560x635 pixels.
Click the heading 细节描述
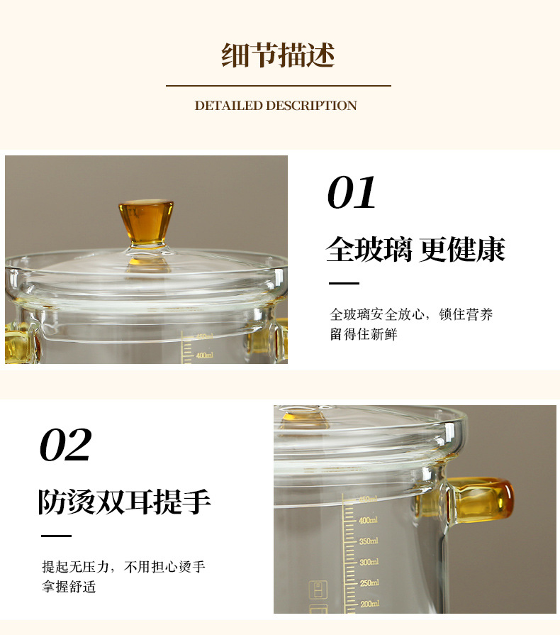coord(278,55)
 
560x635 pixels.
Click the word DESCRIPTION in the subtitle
coord(311,106)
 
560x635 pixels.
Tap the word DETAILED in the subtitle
coord(229,106)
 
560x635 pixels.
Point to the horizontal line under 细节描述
coord(279,86)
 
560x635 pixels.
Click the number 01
coord(351,193)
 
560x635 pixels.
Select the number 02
coord(65,445)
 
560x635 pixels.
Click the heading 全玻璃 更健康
coord(415,250)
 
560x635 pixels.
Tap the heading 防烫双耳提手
coord(125,502)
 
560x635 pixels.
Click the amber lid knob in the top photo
coord(146,222)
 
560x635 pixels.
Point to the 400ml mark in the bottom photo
coord(368,520)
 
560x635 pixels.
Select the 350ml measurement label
coord(369,541)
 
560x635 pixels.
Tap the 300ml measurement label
coord(369,562)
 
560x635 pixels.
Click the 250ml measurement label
coord(369,583)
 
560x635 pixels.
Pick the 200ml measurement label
coord(370,604)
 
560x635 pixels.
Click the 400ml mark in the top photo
coord(204,355)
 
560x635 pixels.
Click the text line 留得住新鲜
coord(364,334)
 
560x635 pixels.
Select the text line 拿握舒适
coord(69,587)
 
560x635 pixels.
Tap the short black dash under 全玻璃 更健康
coord(344,284)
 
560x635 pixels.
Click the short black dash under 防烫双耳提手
coord(56,536)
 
